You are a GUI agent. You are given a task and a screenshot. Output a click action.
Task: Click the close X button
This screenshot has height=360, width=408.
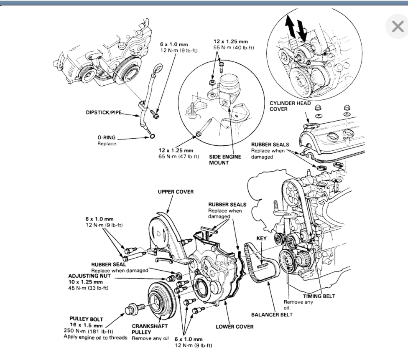pos(398,27)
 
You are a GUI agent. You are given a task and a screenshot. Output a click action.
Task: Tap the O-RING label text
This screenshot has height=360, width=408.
pos(105,137)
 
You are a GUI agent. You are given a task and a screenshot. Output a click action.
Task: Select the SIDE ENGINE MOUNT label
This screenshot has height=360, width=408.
pos(225,160)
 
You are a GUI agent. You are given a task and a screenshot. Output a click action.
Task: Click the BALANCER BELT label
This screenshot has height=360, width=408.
pos(271,314)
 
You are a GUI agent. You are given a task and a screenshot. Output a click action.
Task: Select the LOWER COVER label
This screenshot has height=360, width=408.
pos(235,326)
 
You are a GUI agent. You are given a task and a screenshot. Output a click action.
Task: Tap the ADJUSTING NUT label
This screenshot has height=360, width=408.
pos(87,276)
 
